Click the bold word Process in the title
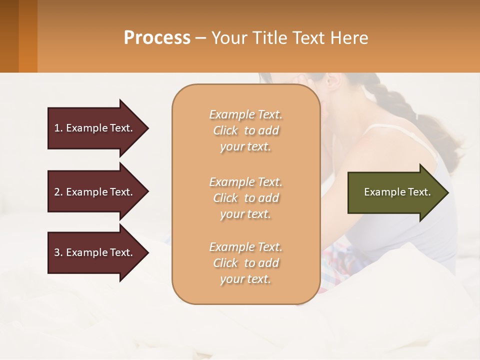(157, 38)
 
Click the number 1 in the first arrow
(57, 128)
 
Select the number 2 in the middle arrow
(57, 192)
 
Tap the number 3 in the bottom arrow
(57, 252)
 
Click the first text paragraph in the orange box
(245, 130)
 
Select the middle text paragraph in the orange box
(245, 198)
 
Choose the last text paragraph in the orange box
(245, 263)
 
